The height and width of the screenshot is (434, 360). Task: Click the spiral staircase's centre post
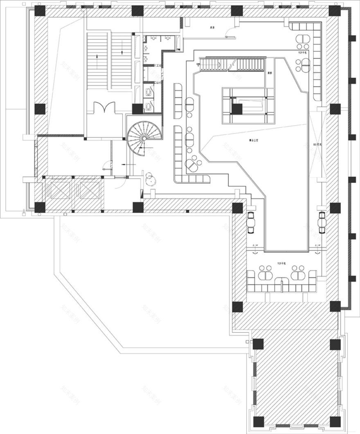(144, 138)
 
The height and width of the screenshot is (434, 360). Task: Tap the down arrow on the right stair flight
(123, 52)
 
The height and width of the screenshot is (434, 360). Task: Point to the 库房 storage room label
(212, 27)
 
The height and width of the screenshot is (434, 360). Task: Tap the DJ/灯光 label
(317, 144)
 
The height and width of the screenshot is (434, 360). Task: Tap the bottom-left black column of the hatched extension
(258, 421)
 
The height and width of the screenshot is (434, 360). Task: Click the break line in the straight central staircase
(232, 64)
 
